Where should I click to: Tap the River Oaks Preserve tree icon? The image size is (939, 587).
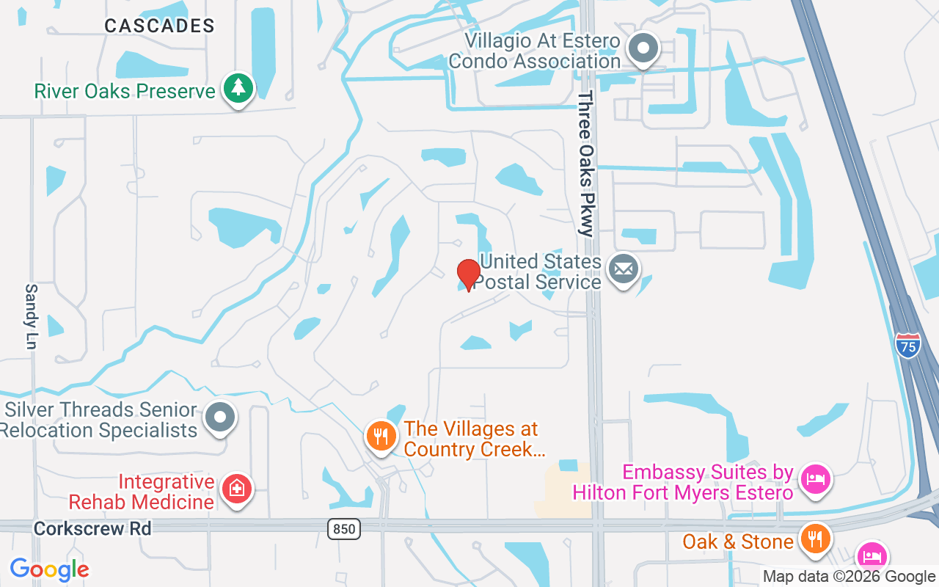click(238, 89)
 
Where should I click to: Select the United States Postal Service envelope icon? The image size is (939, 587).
click(624, 269)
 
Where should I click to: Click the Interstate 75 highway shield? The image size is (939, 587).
click(908, 346)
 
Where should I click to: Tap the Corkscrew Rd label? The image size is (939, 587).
click(92, 528)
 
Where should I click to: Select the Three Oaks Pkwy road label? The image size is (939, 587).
click(585, 164)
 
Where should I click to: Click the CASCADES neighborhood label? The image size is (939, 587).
click(159, 26)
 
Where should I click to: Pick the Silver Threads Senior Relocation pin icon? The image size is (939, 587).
click(219, 418)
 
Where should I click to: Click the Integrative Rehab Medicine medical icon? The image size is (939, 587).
click(237, 488)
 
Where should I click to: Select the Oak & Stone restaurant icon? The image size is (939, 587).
click(814, 539)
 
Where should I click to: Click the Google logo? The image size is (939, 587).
click(49, 569)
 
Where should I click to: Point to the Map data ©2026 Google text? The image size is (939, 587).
click(849, 577)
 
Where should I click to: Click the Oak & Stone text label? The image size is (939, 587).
click(738, 542)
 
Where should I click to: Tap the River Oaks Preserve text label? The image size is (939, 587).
click(125, 92)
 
